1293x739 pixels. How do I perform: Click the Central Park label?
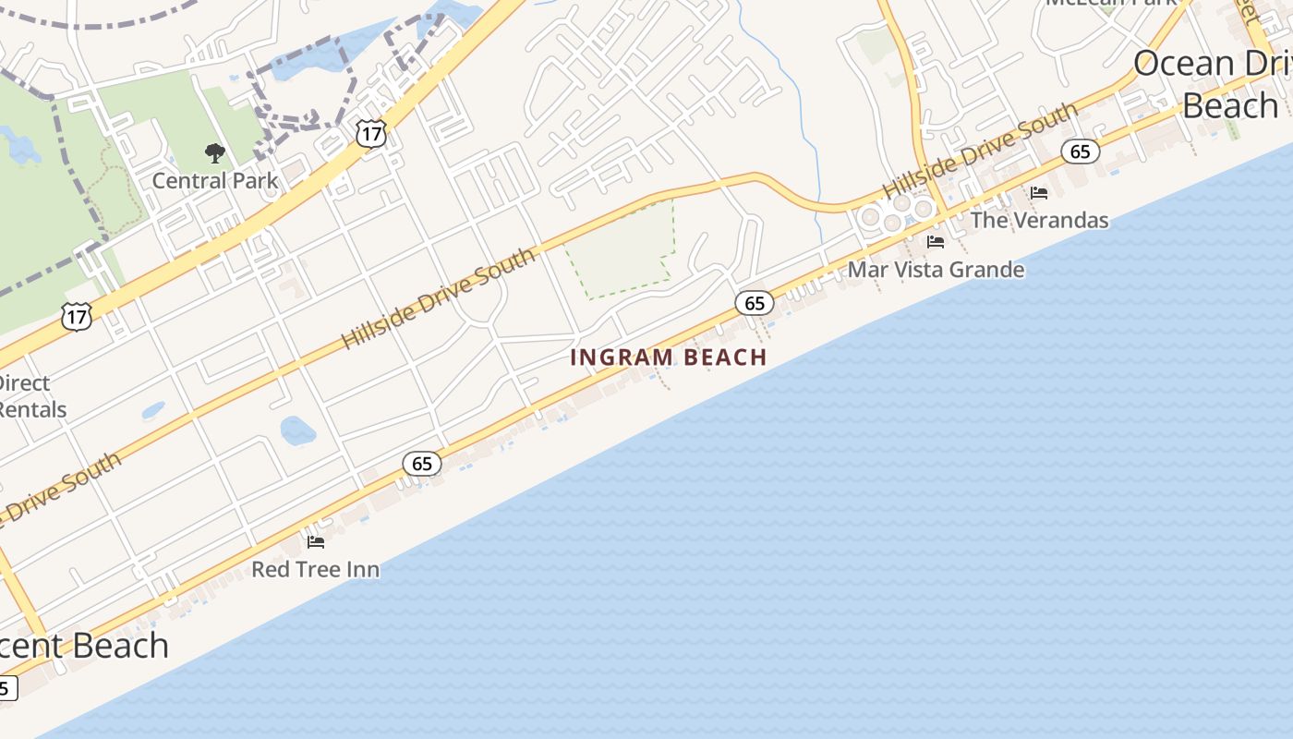click(x=214, y=180)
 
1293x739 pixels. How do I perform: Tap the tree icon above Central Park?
click(x=214, y=152)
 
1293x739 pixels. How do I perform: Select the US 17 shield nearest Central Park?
click(x=370, y=134)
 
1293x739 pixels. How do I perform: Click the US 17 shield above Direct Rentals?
click(x=77, y=317)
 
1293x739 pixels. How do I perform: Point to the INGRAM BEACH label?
click(x=669, y=357)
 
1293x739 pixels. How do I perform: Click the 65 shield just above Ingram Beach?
click(x=755, y=302)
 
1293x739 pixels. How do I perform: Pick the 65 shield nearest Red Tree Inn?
click(x=422, y=463)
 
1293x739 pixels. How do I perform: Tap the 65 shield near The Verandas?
click(x=1080, y=151)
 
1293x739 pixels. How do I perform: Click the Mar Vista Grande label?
click(x=936, y=270)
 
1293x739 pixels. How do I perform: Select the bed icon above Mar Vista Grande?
click(x=936, y=242)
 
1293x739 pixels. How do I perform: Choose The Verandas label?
click(x=1039, y=221)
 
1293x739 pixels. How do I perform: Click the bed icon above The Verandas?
click(x=1039, y=193)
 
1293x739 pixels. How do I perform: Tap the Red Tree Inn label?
click(x=315, y=569)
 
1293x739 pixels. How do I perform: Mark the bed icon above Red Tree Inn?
click(x=316, y=541)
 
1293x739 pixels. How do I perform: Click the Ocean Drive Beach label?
click(x=1210, y=84)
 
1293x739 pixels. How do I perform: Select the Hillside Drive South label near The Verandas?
click(x=980, y=151)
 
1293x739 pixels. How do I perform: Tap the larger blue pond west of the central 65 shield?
click(x=297, y=430)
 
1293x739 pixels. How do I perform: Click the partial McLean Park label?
click(x=1112, y=3)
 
